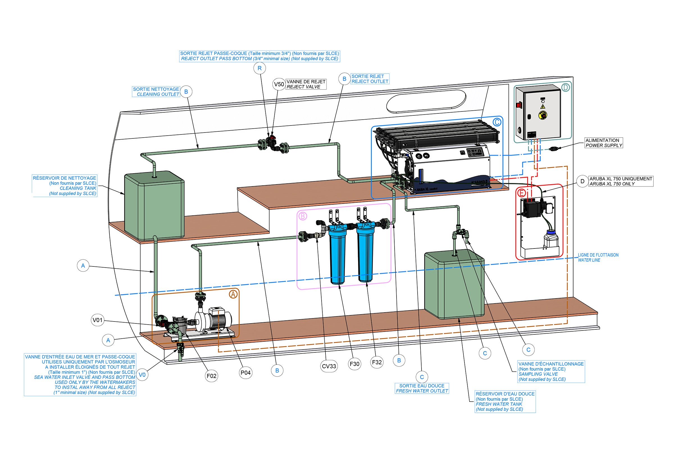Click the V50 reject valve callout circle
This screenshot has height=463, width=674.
coord(279,84)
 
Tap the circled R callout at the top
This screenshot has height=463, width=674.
coord(259,68)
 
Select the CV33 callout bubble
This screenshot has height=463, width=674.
coord(329,366)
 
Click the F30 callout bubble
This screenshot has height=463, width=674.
coord(355,364)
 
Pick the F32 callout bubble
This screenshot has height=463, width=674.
coord(377,362)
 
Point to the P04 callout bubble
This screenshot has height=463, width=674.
coord(245,373)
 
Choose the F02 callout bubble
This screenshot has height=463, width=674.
coord(211,376)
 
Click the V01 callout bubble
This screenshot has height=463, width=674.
coord(97,320)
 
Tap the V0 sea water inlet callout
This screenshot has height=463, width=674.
coord(142,375)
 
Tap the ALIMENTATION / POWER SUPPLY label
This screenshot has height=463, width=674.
coord(604,143)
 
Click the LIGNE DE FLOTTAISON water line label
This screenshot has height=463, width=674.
coord(598,257)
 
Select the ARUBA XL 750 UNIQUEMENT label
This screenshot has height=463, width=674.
coord(621,181)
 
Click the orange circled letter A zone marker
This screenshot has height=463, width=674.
coord(233,295)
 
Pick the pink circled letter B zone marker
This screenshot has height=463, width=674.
coord(302,216)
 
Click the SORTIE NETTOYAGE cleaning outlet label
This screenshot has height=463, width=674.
coord(156,92)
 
